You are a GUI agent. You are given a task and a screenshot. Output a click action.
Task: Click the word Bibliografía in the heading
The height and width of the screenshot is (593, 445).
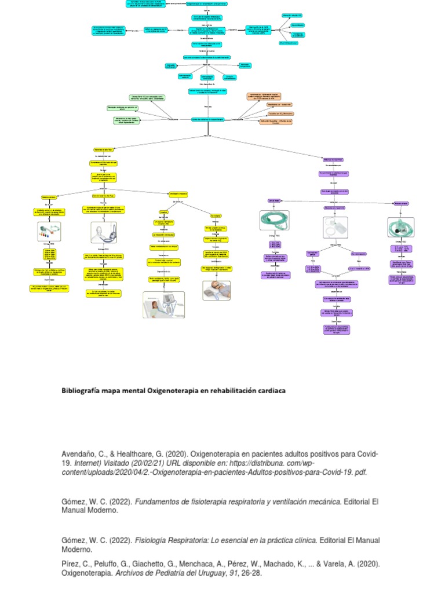coord(81,390)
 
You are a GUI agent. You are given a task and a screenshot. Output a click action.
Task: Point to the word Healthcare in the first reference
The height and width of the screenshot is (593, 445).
coord(136,453)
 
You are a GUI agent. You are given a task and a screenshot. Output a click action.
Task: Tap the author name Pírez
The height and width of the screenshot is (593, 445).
coord(71,563)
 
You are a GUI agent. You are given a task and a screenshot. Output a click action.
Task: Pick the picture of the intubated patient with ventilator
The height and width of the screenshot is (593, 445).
coord(163,305)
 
